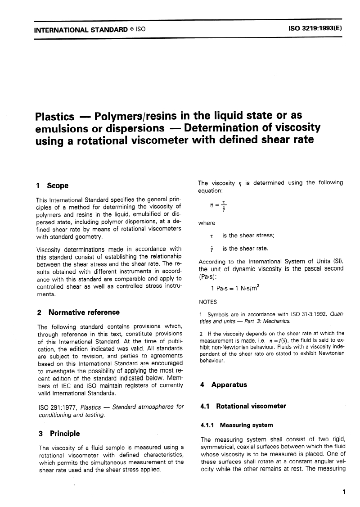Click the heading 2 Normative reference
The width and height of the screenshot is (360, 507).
[x=77, y=312]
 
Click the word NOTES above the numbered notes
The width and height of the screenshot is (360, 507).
[x=207, y=303]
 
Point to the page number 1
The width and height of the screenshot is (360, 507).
[x=344, y=492]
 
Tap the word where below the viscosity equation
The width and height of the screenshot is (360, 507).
[x=207, y=223]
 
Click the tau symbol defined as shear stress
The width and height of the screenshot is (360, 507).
[x=211, y=235]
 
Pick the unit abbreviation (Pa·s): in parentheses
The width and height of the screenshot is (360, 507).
[x=210, y=276]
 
